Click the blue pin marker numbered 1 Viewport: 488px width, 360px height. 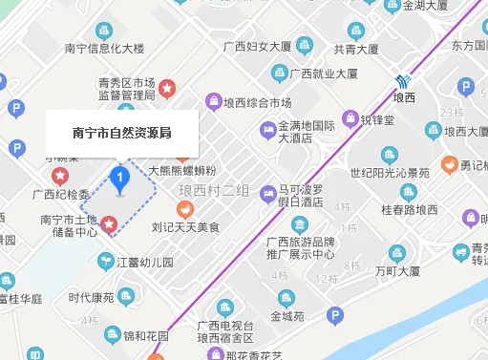pos(119,179)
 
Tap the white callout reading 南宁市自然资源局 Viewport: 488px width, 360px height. pos(122,133)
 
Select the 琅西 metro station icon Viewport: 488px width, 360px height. pos(405,80)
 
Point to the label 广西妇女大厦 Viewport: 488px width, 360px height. pos(256,45)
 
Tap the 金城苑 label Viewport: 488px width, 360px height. pos(286,316)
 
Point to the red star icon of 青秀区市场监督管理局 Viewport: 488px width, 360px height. pos(166,89)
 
